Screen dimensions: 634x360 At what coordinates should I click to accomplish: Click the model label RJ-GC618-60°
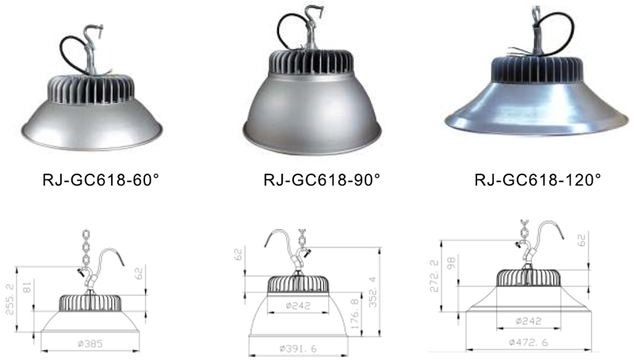101,179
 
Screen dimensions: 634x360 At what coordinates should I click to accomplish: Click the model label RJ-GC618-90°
322,179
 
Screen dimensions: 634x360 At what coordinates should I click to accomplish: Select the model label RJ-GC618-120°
538,179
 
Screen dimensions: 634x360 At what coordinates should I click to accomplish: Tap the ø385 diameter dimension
90,344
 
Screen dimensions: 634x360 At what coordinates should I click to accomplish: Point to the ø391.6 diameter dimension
298,348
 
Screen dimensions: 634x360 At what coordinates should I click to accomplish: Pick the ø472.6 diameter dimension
529,343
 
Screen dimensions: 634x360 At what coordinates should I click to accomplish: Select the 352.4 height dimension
372,292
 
